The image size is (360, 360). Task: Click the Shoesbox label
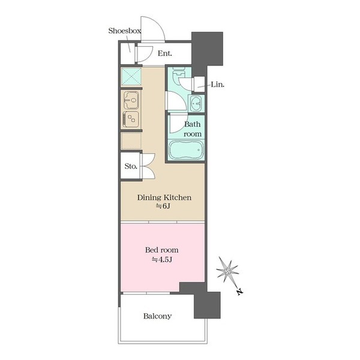click(125, 31)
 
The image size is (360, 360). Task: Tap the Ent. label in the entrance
click(164, 53)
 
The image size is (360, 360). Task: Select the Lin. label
click(217, 85)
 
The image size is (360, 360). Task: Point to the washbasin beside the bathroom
click(196, 104)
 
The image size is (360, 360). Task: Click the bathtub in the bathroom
click(186, 149)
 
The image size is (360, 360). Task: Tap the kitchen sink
click(131, 100)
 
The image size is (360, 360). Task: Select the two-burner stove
click(131, 119)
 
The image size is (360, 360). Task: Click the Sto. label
click(131, 166)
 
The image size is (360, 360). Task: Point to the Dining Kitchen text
click(164, 197)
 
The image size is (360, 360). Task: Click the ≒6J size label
click(163, 206)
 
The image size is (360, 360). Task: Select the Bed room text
click(161, 250)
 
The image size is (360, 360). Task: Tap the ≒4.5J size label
click(161, 260)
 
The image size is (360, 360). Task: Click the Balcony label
click(157, 316)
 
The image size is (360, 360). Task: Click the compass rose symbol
click(227, 271)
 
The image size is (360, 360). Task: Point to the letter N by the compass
click(239, 292)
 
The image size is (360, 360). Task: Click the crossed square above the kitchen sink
click(131, 76)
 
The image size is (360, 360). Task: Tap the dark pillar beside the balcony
click(207, 305)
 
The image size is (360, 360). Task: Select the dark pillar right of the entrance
click(207, 49)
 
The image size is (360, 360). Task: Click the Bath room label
click(193, 129)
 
